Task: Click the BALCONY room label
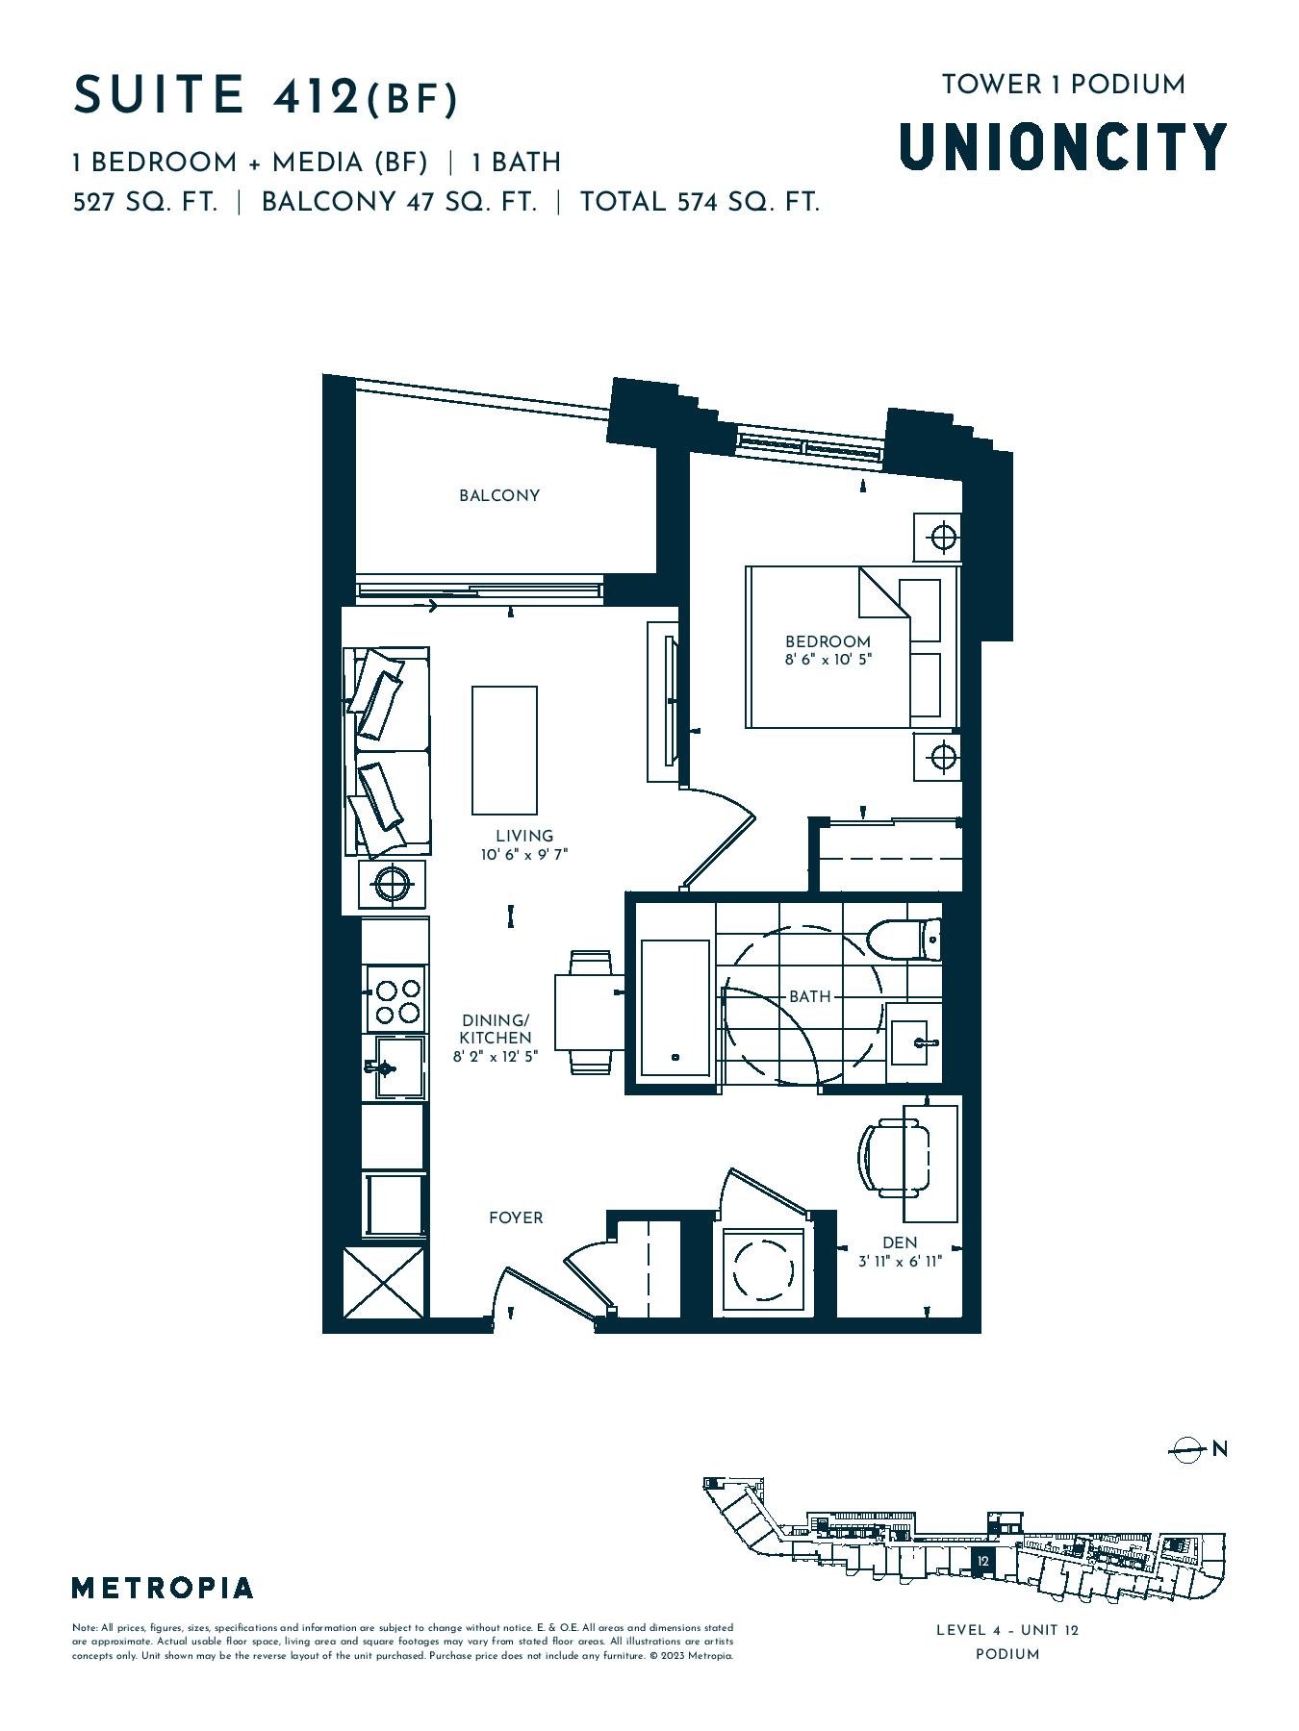498,495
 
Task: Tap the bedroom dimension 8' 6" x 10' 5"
828,660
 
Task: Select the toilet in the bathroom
904,940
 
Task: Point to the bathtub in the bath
675,1006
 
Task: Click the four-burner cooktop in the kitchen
397,1000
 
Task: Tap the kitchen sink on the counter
396,1066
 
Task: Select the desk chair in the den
894,1158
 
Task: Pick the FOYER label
516,1217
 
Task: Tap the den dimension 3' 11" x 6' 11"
900,1262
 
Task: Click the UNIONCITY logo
1063,146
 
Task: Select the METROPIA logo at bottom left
163,1588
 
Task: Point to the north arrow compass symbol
1189,1449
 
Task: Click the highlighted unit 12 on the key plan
982,1562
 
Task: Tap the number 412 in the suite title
316,97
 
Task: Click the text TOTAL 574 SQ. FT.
700,203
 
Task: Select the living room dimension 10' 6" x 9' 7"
524,854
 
